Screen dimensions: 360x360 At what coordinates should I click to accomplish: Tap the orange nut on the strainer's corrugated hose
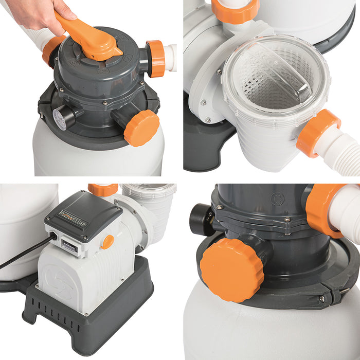317,132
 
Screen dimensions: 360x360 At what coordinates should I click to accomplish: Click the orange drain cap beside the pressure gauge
141,128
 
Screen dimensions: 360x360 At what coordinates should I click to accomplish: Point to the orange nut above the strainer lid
234,10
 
